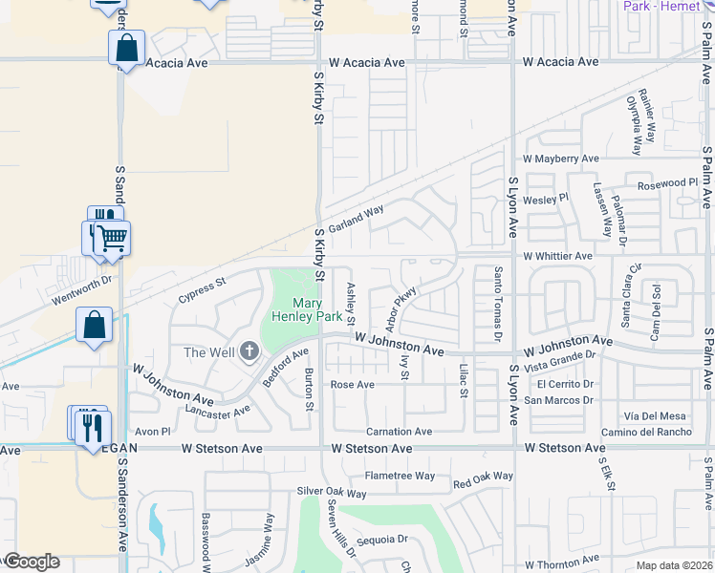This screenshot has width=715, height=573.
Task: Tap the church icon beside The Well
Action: pos(250,351)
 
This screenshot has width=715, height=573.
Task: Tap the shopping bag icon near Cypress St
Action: pos(95,325)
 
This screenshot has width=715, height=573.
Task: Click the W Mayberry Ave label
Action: pos(560,159)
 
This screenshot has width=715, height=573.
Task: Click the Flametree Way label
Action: pos(399,476)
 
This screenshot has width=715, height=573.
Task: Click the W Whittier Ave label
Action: pos(557,256)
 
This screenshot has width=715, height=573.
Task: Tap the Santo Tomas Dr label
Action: pos(497,304)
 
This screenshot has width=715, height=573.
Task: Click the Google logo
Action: pos(32,562)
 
